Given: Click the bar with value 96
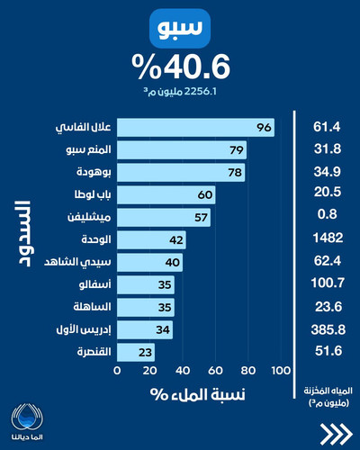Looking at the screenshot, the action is coord(195,128).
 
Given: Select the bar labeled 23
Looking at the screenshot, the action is coord(136,353).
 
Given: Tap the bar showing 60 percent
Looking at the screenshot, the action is coord(166,195).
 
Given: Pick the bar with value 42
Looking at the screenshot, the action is coord(151,240).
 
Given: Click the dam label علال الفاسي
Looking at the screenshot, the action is coord(83,128).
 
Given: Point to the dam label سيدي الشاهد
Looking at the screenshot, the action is coord(77,262).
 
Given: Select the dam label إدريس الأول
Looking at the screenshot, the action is coord(84,329).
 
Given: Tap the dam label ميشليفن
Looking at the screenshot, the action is coord(89,217).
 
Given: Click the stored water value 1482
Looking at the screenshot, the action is coord(328,238).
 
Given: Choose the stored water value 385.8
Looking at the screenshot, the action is coord(328,330).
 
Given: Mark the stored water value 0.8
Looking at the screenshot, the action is coord(328,214).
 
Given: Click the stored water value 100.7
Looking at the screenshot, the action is coord(328,283).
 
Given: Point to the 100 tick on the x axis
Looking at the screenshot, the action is coord(281,371).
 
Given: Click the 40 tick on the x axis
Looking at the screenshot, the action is coord(183,371).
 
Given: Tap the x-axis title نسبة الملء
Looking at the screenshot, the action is coord(198,394).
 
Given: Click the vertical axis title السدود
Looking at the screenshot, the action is coord(24,234).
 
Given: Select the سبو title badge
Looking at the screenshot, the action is coord(180,28).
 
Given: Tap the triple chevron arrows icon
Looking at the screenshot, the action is coord(336,434).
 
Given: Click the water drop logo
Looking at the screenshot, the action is coord(27,418).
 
